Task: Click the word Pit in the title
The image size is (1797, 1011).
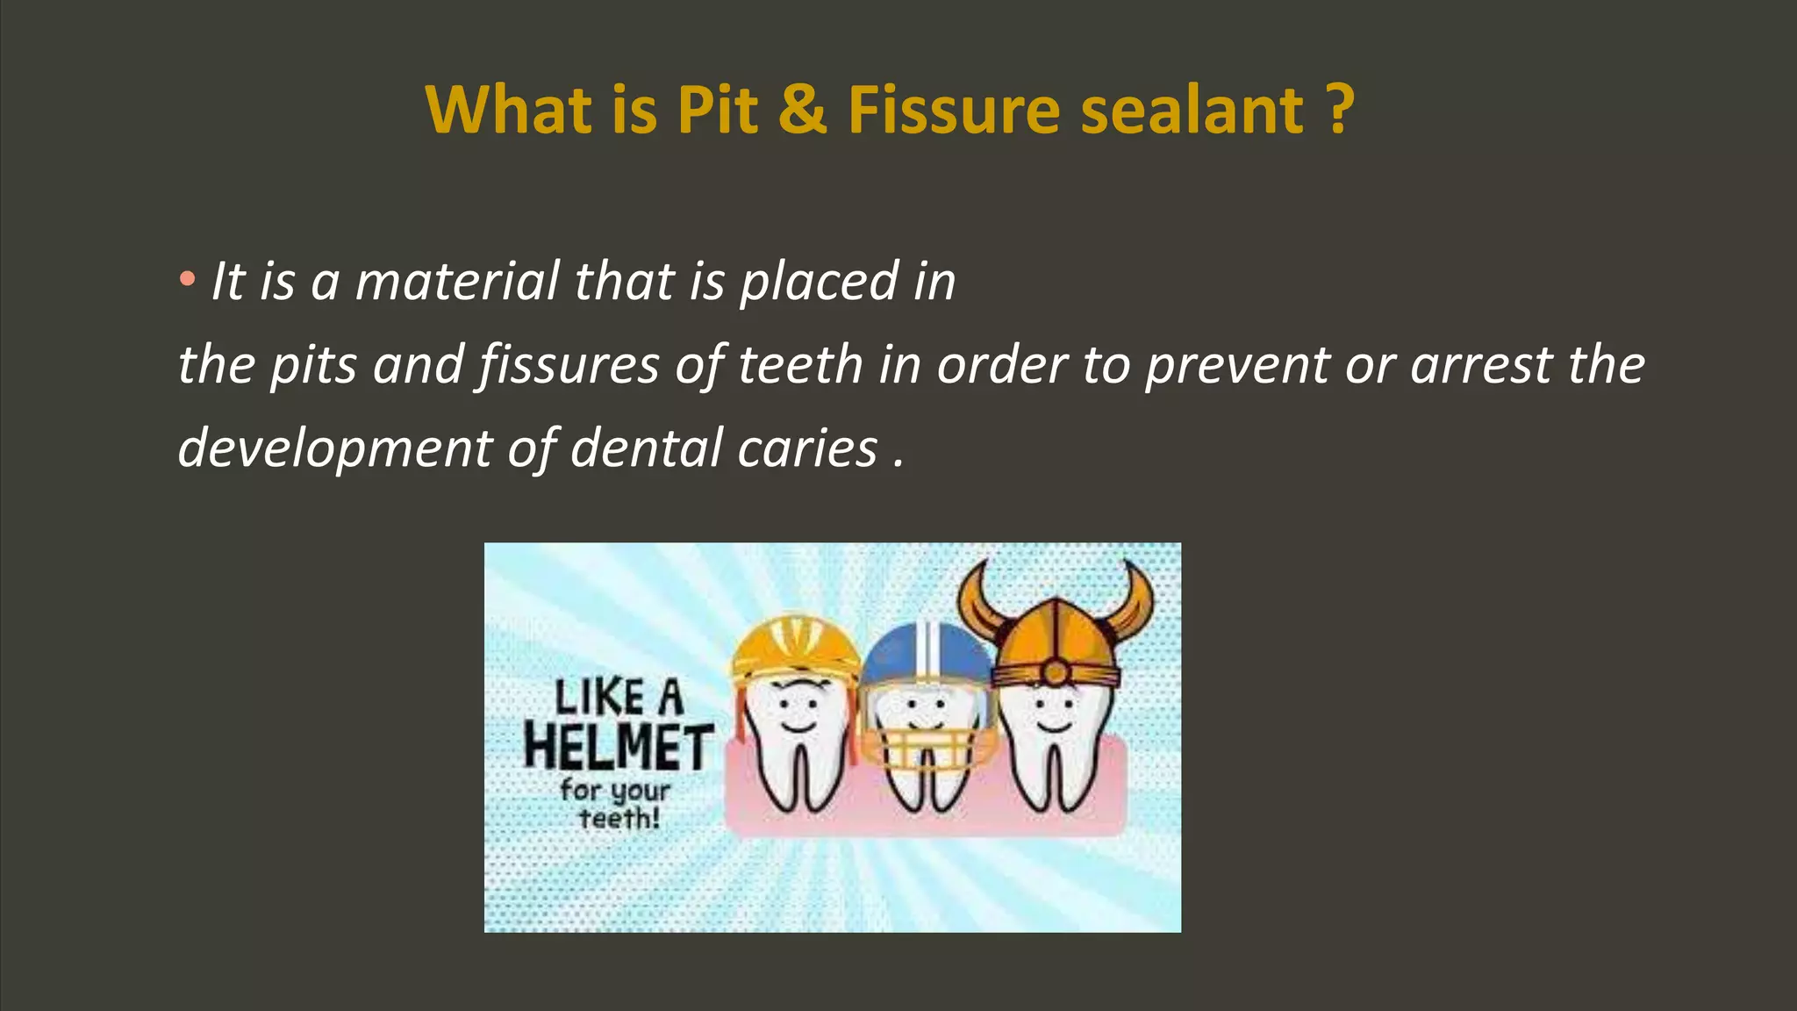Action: (717, 111)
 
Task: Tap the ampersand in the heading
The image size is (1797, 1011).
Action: (802, 111)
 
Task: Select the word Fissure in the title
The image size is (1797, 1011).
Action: (955, 111)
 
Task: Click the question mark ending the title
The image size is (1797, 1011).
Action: (1339, 111)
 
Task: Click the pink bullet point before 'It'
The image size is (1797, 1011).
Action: (186, 280)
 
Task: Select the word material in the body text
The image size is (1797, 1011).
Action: (457, 282)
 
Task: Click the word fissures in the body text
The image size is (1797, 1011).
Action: (569, 365)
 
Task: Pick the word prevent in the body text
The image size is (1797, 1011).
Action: (1237, 365)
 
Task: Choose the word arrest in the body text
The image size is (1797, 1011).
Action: (1481, 365)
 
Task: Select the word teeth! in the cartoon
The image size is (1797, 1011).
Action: (619, 819)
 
